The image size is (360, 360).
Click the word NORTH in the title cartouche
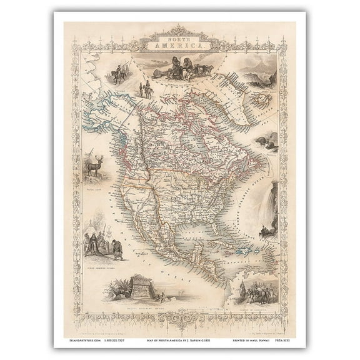179,39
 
